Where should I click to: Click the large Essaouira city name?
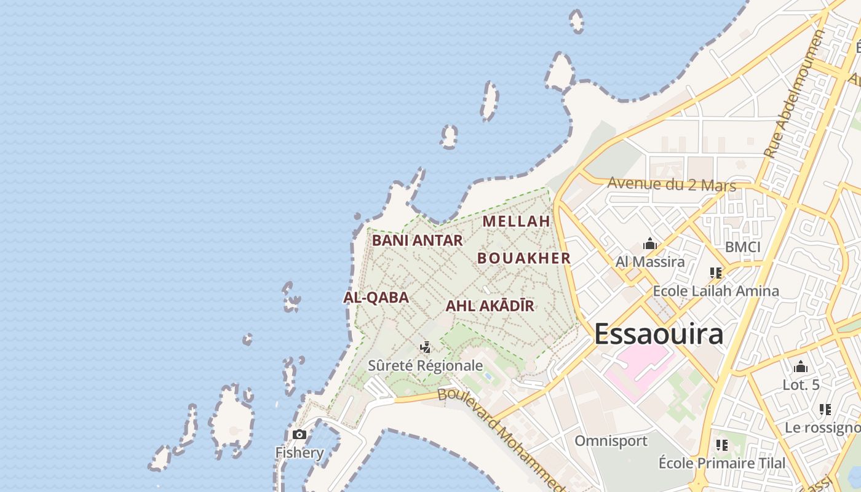(659, 334)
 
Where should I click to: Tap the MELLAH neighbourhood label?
(516, 221)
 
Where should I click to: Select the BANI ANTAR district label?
(417, 240)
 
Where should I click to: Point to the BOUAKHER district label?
(524, 258)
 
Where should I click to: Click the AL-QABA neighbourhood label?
(376, 298)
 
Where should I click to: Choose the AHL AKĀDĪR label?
(490, 306)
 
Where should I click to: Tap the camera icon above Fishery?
(300, 435)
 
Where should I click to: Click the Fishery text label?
(300, 453)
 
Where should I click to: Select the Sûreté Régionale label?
(425, 365)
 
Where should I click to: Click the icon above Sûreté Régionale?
(425, 347)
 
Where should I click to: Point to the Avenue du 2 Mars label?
(672, 184)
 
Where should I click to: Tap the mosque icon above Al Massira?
(650, 244)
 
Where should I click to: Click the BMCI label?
(742, 247)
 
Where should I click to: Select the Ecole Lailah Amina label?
(716, 291)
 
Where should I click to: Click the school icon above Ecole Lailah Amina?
(716, 272)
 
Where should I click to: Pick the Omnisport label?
(611, 441)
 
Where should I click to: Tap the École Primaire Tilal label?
(722, 463)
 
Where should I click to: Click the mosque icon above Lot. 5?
(801, 367)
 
